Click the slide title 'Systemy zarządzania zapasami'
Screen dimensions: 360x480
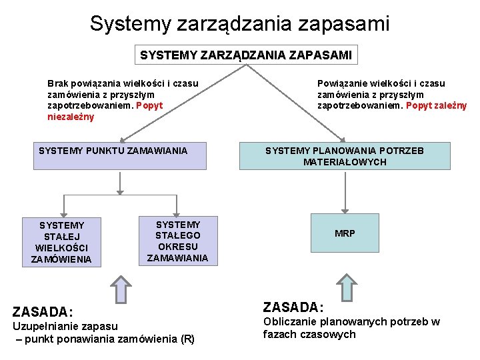[239, 24]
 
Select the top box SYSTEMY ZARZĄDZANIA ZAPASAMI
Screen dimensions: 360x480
[245, 55]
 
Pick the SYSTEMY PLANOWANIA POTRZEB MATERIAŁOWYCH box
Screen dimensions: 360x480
[344, 156]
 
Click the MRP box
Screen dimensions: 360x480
[345, 233]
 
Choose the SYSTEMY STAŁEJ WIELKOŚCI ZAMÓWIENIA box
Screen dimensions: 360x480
[62, 242]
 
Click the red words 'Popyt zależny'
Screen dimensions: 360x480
[436, 105]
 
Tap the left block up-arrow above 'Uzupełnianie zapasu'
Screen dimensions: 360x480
[119, 289]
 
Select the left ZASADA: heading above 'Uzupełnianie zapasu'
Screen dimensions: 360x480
[43, 311]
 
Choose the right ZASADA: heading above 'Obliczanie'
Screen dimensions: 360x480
[293, 307]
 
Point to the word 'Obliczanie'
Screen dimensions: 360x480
[289, 321]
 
